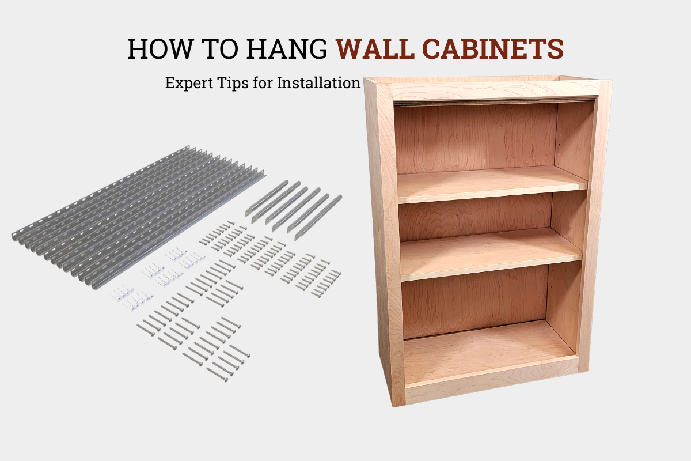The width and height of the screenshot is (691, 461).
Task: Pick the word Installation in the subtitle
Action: pos(318,82)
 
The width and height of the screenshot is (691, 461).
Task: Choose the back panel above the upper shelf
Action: pos(475,138)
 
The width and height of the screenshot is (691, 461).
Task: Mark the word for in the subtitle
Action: pos(264,83)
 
